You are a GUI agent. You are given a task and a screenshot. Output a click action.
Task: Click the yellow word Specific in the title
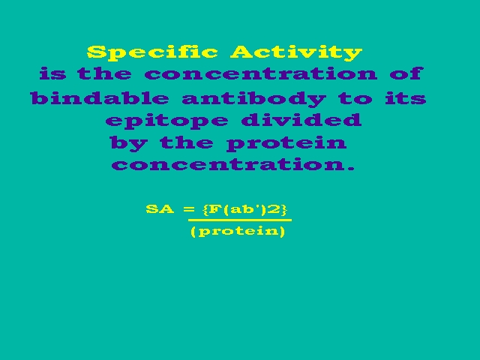(152, 52)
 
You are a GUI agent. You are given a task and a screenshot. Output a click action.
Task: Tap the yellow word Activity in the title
(296, 52)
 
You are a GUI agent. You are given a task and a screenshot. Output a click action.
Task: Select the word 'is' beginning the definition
(52, 73)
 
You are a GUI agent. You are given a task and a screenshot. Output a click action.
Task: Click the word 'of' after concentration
(406, 73)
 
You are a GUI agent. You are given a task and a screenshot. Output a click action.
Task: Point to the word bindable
(100, 98)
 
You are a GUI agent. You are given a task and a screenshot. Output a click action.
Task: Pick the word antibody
(253, 98)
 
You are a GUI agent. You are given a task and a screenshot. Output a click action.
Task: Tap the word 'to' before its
(355, 98)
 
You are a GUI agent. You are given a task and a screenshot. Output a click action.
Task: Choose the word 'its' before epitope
(406, 98)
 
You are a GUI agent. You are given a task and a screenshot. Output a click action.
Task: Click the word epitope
(166, 121)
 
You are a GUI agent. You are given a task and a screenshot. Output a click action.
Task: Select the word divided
(301, 120)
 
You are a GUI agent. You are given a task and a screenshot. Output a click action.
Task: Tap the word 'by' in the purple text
(129, 143)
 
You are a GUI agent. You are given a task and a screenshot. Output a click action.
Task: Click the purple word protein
(286, 143)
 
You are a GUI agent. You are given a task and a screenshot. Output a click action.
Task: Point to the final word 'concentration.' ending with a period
(233, 165)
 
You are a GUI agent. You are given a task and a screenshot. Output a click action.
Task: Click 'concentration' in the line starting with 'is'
(261, 73)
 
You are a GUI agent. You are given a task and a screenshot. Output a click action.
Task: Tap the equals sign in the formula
(189, 209)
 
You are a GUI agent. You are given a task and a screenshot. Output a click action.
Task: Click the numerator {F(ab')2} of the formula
(245, 210)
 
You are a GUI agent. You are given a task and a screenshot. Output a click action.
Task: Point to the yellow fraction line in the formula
(240, 220)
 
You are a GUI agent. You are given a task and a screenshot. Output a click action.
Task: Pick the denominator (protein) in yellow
(238, 231)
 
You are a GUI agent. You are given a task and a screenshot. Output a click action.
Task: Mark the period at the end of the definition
(352, 169)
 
